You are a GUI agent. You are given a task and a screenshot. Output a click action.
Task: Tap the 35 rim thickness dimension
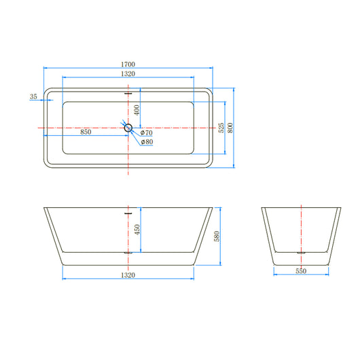pos(34,97)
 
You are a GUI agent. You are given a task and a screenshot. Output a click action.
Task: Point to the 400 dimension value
pos(137,109)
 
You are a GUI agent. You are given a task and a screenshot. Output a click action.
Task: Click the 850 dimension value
pos(86,132)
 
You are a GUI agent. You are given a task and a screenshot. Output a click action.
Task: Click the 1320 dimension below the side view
pos(128,275)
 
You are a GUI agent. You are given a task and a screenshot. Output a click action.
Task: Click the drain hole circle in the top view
pos(128,127)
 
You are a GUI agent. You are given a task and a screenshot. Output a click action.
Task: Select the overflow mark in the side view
pos(128,211)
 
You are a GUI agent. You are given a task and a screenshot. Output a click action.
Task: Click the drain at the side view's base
pos(128,251)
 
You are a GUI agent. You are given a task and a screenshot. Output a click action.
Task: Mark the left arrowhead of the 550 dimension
pos(276,274)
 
